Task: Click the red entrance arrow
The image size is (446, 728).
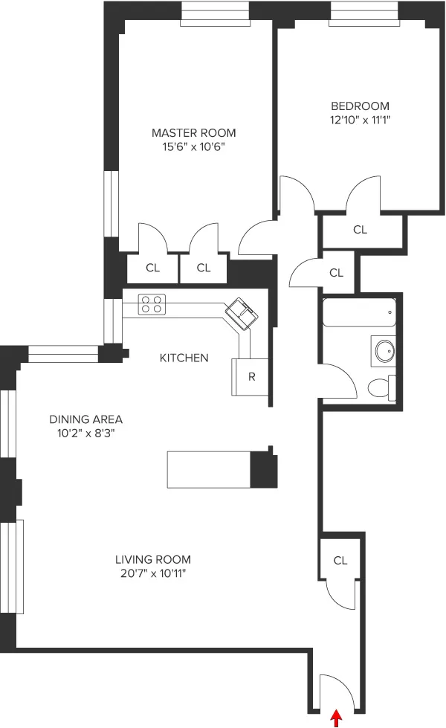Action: tap(337, 718)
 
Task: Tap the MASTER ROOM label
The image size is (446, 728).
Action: tap(193, 133)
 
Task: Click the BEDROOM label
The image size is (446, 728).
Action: tap(360, 106)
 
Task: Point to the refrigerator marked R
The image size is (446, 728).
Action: tap(251, 376)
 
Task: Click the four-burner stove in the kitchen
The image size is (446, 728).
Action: tap(152, 303)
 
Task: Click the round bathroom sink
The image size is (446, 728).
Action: tap(384, 349)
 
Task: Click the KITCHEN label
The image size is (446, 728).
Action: tap(184, 358)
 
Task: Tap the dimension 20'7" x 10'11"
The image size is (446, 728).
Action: tap(152, 573)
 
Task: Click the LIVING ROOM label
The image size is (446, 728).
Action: tap(152, 559)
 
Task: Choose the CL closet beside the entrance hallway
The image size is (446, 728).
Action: tap(340, 560)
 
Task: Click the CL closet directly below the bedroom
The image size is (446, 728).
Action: tap(360, 230)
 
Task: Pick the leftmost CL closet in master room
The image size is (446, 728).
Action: tap(152, 268)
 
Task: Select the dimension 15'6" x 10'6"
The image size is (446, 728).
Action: tap(193, 147)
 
